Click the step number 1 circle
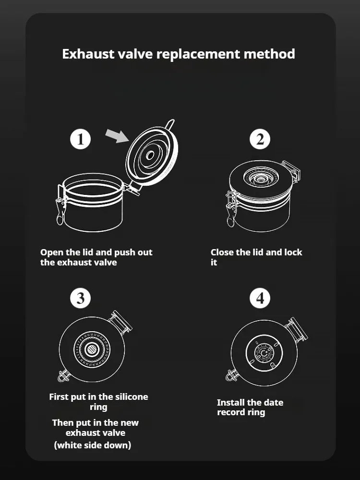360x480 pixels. point(80,139)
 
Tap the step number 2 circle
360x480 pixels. point(260,139)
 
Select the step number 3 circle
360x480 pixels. point(80,298)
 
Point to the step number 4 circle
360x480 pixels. point(260,298)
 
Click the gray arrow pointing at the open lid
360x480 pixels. point(117,136)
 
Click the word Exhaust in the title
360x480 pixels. point(88,54)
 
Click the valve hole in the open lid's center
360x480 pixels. point(150,156)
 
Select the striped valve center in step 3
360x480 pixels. point(91,349)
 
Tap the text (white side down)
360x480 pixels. point(93,445)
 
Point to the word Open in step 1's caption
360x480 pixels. point(52,253)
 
